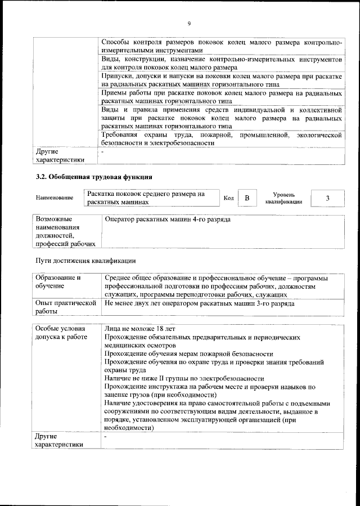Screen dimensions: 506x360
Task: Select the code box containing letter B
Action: (x=246, y=198)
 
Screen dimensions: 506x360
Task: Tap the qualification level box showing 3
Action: (x=328, y=198)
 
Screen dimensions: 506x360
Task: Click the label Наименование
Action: (x=55, y=198)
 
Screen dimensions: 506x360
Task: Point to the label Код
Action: (x=228, y=198)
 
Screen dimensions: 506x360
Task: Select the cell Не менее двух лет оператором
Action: (x=199, y=303)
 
